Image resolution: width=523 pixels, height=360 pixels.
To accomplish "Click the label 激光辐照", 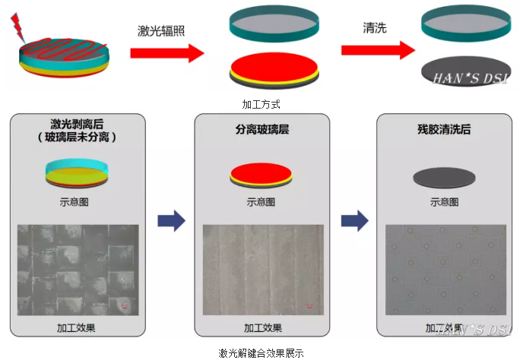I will click(161, 30).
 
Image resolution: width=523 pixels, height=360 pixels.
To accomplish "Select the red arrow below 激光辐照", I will click(166, 53).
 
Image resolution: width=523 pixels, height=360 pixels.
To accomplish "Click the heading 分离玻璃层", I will click(262, 129).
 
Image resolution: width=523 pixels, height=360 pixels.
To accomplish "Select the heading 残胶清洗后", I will click(445, 129).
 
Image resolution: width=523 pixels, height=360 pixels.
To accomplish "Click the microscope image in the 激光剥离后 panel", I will click(78, 269).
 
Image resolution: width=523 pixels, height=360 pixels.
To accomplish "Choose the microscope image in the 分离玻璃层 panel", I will click(262, 269).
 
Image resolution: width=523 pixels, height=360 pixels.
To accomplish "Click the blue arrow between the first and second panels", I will click(170, 221).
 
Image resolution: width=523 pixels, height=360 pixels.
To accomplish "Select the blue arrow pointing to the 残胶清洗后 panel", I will click(354, 221).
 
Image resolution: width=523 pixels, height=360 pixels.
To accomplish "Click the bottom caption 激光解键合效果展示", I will click(261, 352).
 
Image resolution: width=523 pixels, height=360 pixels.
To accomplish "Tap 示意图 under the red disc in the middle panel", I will click(261, 202).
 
